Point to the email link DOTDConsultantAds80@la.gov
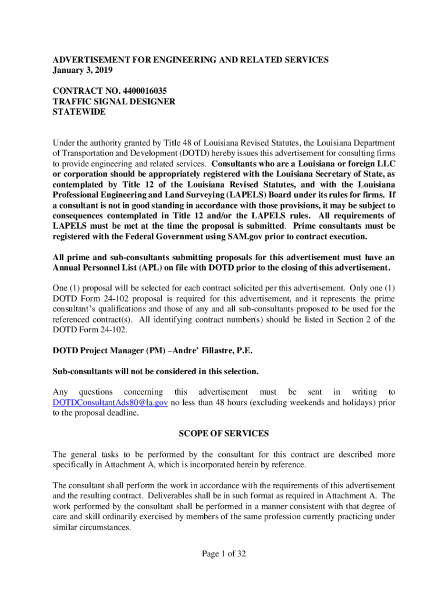pyautogui.click(x=110, y=403)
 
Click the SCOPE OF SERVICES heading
pyautogui.click(x=223, y=434)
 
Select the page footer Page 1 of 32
pyautogui.click(x=223, y=554)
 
